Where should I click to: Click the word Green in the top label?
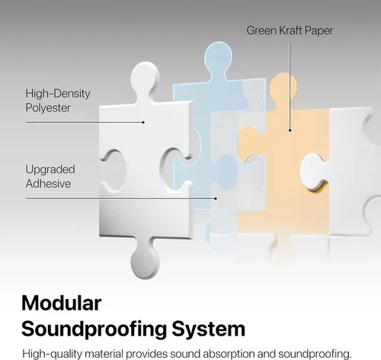tap(261, 31)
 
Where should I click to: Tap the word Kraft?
tap(290, 31)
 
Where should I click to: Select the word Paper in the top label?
tap(319, 31)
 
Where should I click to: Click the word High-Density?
tap(58, 94)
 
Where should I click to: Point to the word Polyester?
tap(48, 108)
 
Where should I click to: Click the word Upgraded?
tap(50, 170)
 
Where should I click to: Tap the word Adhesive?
tap(48, 184)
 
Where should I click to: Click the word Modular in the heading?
tap(62, 303)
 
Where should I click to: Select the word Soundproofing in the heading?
tap(94, 329)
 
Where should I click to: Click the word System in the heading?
tap(209, 329)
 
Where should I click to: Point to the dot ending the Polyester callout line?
tap(143, 122)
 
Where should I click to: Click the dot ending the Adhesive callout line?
tap(216, 198)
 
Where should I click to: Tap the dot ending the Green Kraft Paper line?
tap(290, 130)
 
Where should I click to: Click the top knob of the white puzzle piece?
tap(145, 78)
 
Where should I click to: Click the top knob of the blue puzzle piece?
tap(218, 56)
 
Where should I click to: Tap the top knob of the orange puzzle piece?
tap(283, 86)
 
